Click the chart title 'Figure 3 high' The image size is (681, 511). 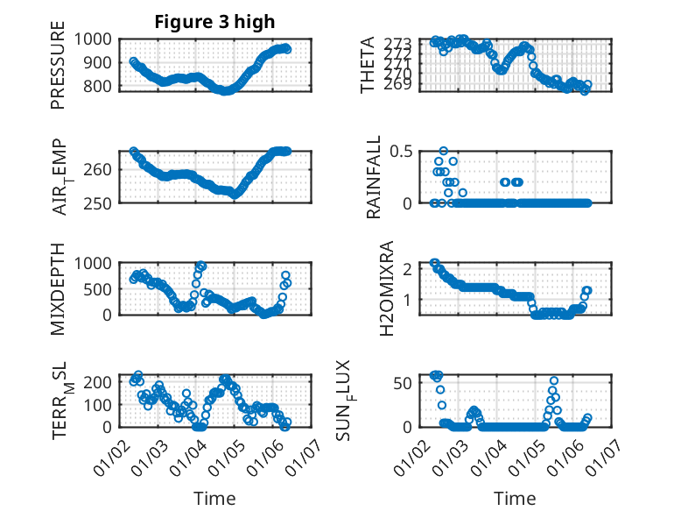tap(214, 22)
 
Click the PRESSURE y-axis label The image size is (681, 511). tap(58, 69)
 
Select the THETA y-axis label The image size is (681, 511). tap(369, 65)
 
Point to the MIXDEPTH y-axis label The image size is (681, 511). tap(58, 288)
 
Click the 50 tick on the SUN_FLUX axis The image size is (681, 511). tap(402, 382)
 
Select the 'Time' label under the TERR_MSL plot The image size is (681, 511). tap(214, 498)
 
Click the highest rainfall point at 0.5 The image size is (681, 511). tap(444, 151)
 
